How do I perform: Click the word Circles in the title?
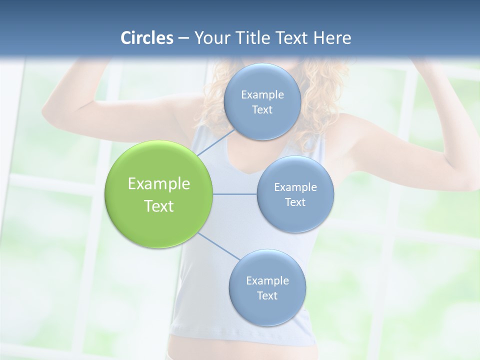147,38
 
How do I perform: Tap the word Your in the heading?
210,38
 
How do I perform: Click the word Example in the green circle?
159,184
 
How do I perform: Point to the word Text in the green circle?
159,206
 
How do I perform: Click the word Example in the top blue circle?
262,94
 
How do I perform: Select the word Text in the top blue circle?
262,109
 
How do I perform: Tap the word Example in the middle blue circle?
295,187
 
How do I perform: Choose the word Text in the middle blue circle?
295,202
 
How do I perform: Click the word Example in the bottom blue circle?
267,280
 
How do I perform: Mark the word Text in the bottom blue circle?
267,295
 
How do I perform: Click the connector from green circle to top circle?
216,142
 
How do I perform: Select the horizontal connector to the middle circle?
234,194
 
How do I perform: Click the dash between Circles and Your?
183,38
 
